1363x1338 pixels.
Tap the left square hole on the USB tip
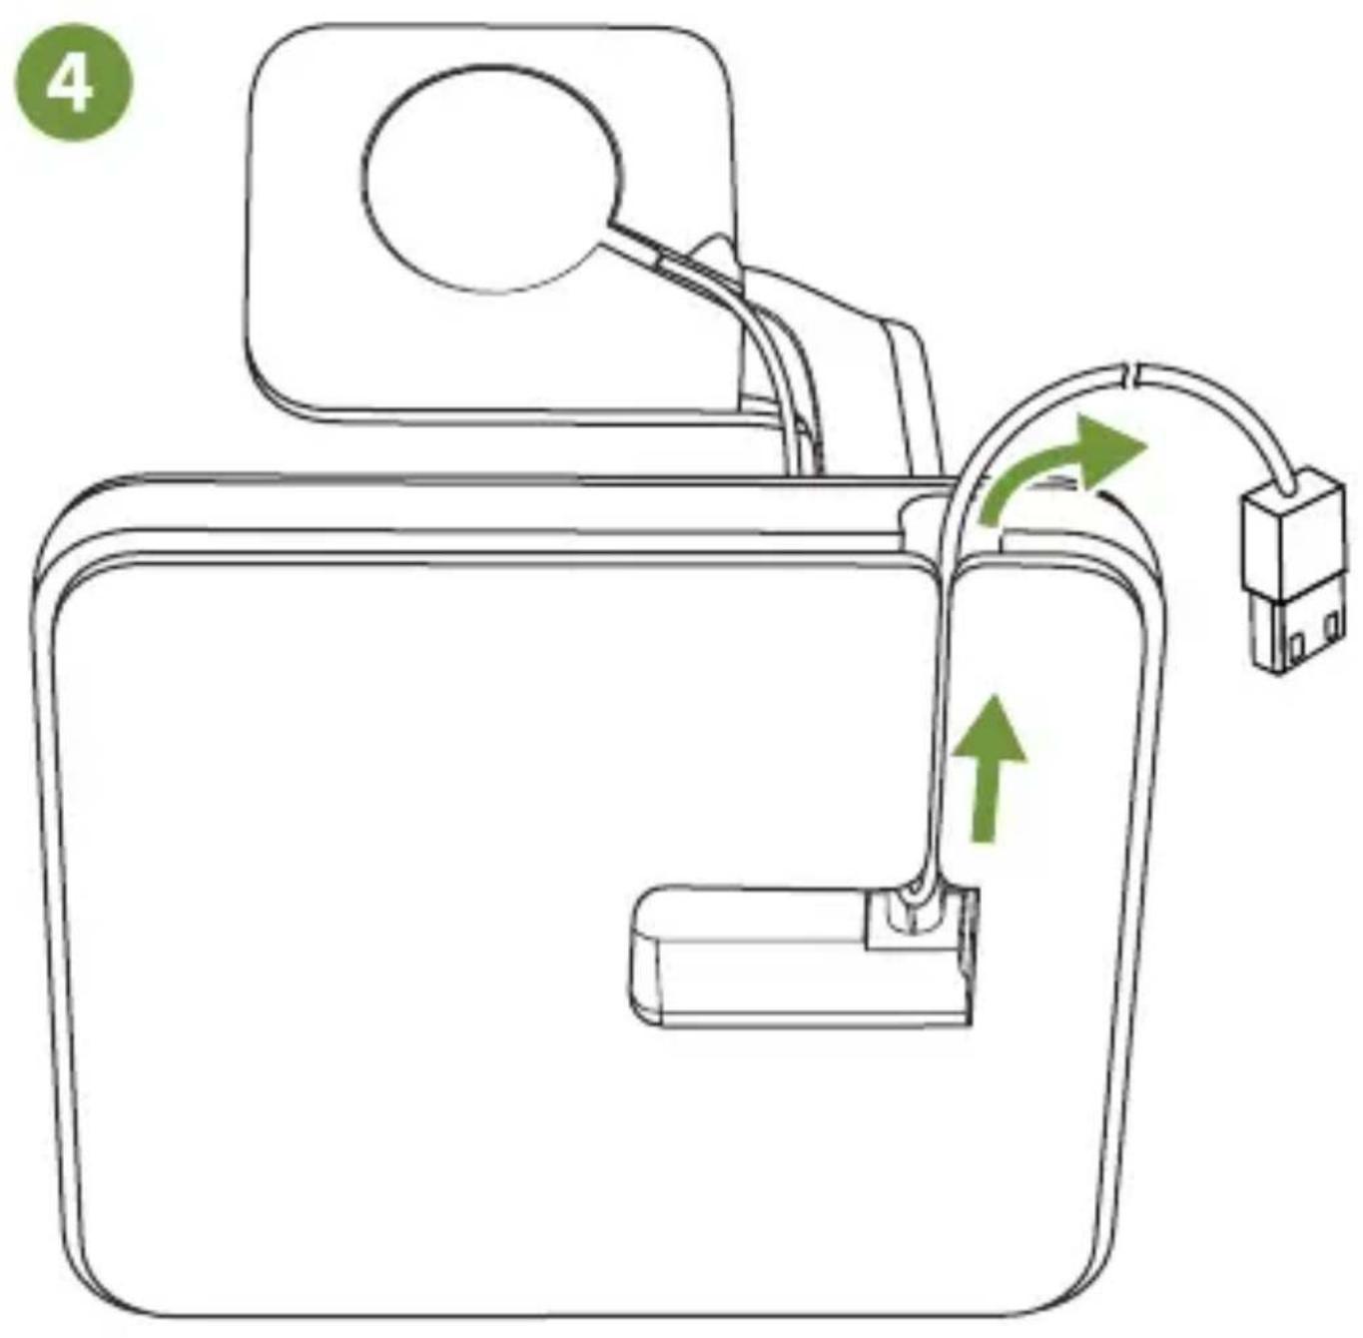[x=1295, y=647]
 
